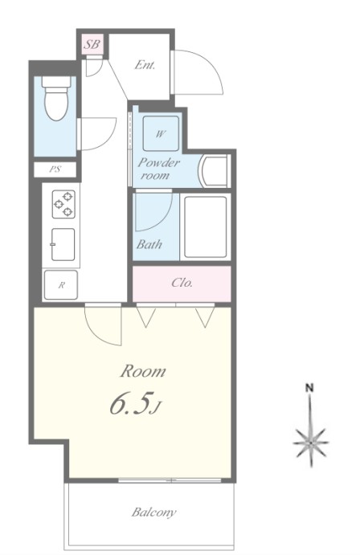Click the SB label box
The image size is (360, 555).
point(92,44)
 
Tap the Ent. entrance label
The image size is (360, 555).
point(145,65)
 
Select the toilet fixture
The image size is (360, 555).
point(56,99)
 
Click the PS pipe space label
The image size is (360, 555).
point(55,169)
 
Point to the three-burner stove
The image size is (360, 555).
point(63,204)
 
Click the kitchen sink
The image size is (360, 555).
point(63,244)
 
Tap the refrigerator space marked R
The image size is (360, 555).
point(61,285)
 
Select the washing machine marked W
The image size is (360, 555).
point(161,133)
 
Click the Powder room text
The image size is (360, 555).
point(158,169)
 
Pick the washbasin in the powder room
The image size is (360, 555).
point(215,171)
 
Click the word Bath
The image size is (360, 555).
point(149,244)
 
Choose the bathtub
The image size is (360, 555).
point(205,226)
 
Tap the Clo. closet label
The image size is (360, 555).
point(182,283)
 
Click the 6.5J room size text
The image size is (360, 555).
point(135,403)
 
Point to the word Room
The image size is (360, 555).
point(143,371)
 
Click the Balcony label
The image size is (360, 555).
point(154,512)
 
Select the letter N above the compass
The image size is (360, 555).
point(309,388)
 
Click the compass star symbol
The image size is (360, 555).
point(311,443)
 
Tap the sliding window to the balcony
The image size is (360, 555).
point(170,480)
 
